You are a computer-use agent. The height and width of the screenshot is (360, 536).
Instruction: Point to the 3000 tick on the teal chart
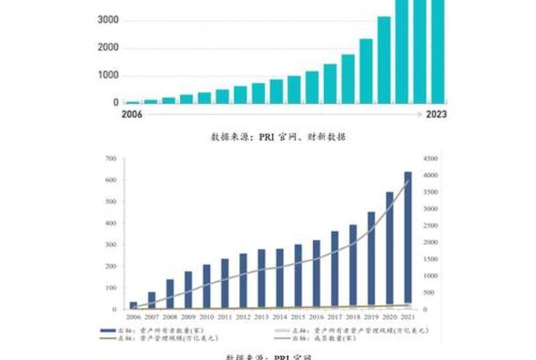click(x=108, y=20)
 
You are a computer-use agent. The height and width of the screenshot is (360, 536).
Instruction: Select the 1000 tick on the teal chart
click(x=108, y=75)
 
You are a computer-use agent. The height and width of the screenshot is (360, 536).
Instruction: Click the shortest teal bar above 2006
click(x=133, y=101)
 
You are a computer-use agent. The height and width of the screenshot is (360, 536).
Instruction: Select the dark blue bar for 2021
click(x=408, y=241)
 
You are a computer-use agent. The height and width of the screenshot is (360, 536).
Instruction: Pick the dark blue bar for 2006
click(x=133, y=306)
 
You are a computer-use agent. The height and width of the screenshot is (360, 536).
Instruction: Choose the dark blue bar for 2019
click(x=371, y=260)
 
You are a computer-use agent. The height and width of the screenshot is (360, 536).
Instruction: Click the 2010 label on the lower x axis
click(x=206, y=317)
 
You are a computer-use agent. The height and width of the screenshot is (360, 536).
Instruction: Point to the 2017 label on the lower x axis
click(x=335, y=317)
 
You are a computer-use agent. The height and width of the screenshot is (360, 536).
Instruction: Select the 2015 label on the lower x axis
click(x=298, y=317)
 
